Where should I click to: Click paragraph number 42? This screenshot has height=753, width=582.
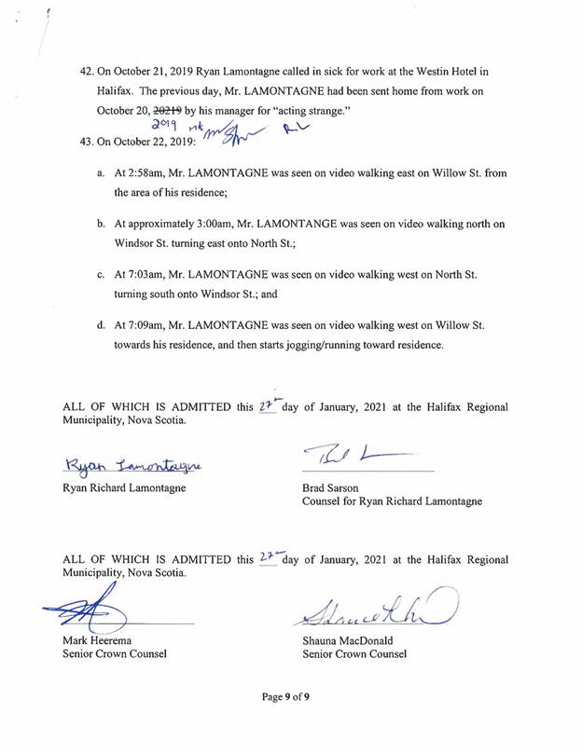(89, 70)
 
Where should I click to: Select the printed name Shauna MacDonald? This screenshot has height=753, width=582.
(353, 640)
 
